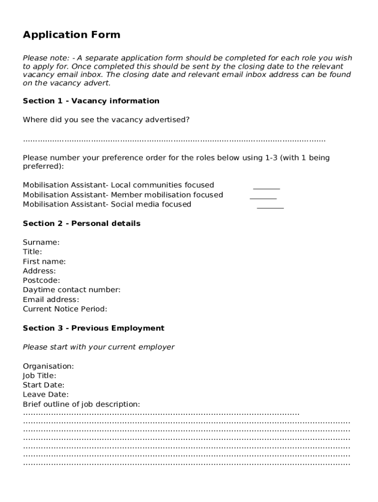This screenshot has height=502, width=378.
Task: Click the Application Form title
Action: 71,35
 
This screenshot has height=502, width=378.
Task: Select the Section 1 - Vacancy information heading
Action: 91,101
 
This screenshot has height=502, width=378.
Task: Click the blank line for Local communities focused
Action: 267,187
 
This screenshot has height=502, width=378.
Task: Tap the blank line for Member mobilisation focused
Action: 263,197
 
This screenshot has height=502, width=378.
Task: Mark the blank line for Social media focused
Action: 270,207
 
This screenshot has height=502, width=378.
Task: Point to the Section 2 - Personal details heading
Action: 81,224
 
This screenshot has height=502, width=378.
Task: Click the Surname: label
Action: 41,242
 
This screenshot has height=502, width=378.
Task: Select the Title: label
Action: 32,252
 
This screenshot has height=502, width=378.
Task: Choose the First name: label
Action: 44,261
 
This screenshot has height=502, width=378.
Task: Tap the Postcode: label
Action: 41,280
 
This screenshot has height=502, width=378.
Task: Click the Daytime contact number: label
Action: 72,290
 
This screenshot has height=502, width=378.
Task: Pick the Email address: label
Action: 51,300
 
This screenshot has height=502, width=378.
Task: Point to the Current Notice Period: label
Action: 65,309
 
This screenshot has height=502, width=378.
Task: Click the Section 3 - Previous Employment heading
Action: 93,328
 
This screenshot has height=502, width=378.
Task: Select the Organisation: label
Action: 49,366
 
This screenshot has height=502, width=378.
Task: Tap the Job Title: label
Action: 39,376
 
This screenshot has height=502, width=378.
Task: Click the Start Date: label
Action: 43,385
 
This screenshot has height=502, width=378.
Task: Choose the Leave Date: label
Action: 46,395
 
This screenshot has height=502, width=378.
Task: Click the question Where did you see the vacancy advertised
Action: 106,120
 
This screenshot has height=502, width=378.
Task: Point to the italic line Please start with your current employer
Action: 98,347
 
